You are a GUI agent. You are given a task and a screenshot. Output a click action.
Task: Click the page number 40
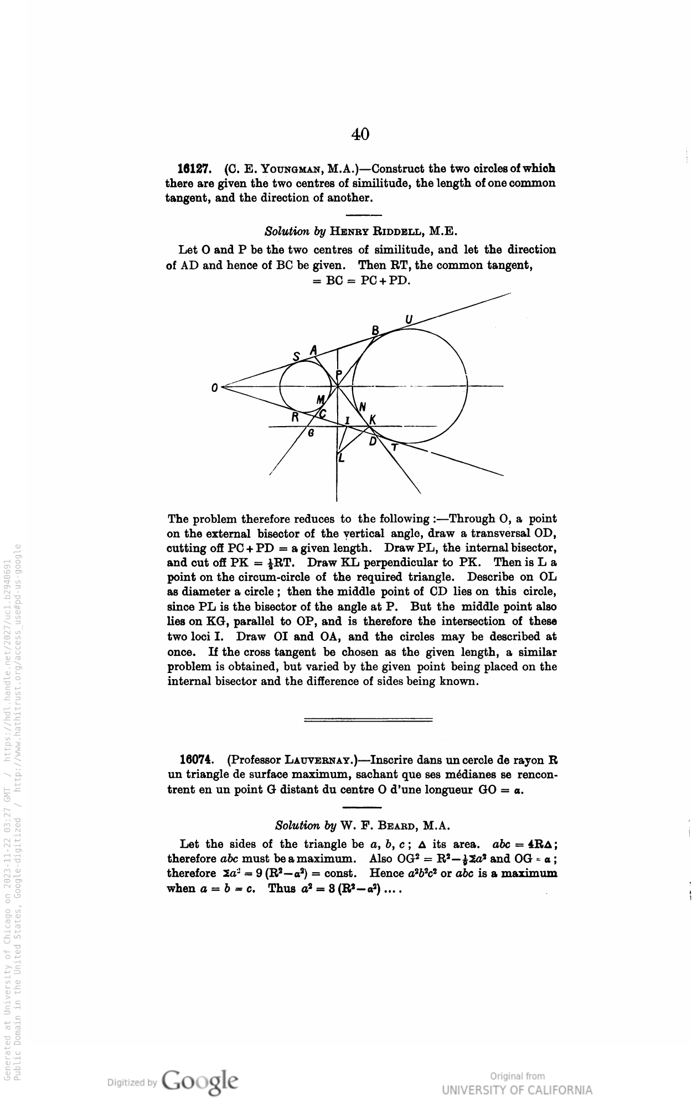[x=360, y=134]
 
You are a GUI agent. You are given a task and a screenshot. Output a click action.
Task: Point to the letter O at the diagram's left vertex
[x=214, y=389]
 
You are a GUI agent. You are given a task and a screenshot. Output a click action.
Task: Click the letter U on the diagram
[x=409, y=320]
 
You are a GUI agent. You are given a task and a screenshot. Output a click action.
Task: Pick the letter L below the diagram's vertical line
[x=342, y=458]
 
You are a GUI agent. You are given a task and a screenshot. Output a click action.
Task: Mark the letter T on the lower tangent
[x=394, y=448]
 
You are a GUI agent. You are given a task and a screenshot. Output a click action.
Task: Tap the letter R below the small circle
[x=296, y=417]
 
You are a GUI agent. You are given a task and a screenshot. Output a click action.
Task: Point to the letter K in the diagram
[x=373, y=420]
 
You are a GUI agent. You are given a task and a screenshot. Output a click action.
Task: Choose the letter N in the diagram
[x=363, y=407]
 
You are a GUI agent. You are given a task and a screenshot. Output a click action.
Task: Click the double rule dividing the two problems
[x=368, y=719]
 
